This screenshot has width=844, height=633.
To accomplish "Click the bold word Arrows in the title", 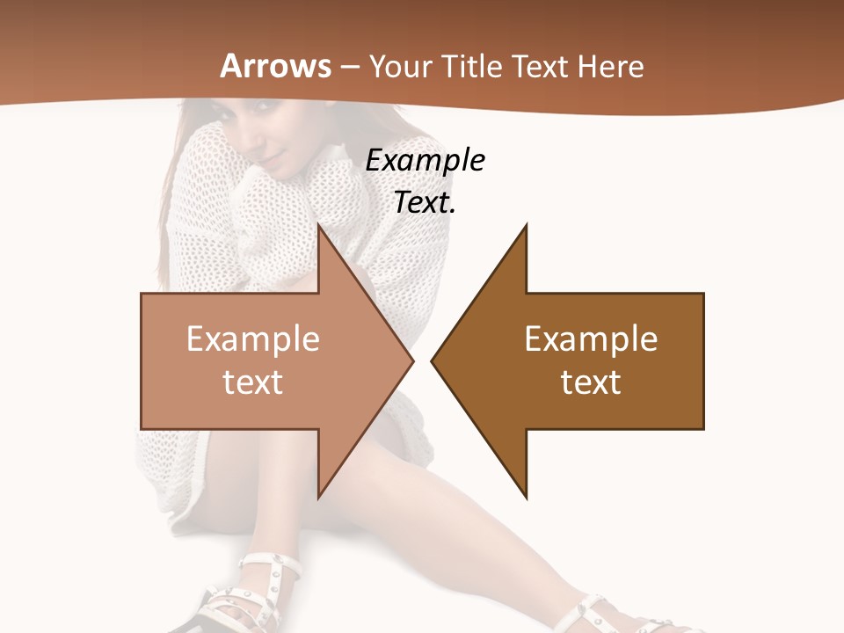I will click(276, 66).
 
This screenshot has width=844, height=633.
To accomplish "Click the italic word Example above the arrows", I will click(425, 161).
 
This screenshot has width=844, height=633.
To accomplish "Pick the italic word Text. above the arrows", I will click(425, 203).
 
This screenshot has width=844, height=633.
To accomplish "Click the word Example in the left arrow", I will click(252, 339).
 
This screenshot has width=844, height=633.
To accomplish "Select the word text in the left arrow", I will click(252, 382).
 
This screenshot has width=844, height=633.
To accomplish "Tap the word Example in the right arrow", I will click(591, 339).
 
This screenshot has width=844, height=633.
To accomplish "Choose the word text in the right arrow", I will click(591, 382).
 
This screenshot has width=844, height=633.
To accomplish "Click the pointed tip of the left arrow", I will click(411, 360).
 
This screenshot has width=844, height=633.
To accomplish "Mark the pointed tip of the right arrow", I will click(433, 360).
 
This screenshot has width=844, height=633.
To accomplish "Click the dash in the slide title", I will click(350, 68).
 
